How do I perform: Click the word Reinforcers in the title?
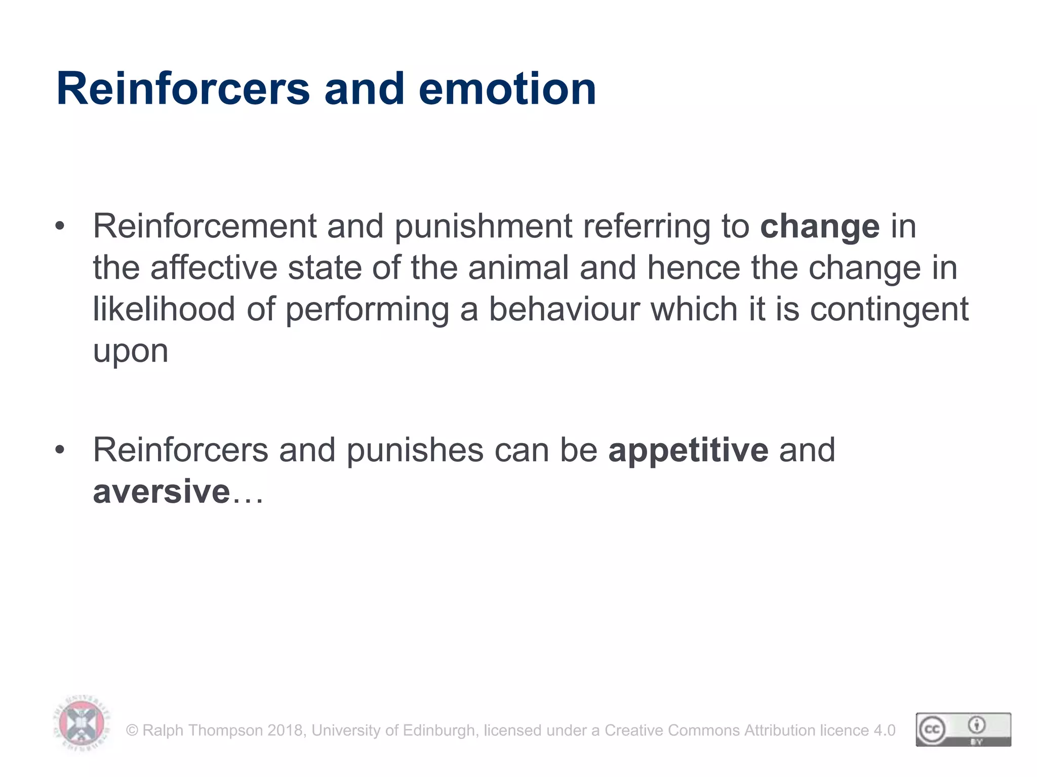(183, 89)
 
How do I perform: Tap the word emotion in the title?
(507, 89)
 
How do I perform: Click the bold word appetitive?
(688, 450)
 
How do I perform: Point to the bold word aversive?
(162, 491)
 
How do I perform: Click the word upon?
(130, 351)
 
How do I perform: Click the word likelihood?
(164, 309)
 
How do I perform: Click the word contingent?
(889, 309)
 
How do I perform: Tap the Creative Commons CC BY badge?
(963, 729)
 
